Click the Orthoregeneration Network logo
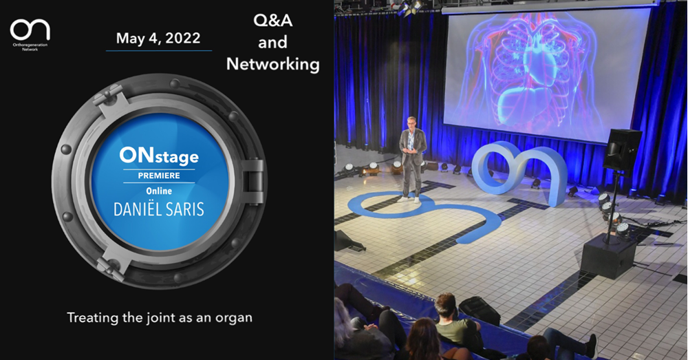coord(30,34)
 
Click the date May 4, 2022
coord(158,38)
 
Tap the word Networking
coord(273,64)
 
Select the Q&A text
coord(273,20)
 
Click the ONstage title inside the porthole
coord(159,156)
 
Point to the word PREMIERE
coord(159,176)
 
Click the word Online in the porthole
coord(159,191)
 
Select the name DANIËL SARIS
coord(159,209)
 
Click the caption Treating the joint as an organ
coord(160,317)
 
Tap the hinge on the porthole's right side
coord(254,181)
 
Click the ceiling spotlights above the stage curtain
coord(410,8)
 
